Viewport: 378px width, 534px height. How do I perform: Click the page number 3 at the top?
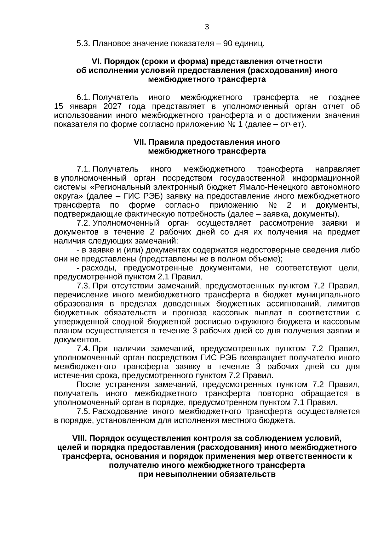click(x=207, y=27)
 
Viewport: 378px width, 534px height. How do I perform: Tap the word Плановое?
click(x=108, y=43)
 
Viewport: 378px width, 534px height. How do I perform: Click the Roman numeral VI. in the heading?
click(x=96, y=61)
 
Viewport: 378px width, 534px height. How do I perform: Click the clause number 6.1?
click(x=83, y=97)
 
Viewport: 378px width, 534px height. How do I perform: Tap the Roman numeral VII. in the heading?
click(x=140, y=142)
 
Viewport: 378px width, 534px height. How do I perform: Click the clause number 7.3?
click(x=83, y=286)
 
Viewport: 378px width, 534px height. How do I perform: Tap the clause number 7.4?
click(x=83, y=349)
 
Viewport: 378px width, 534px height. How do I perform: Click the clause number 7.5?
click(x=83, y=412)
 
